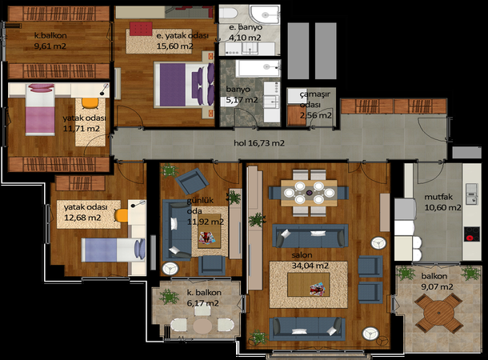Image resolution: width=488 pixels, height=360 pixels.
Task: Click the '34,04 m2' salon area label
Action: (310, 266)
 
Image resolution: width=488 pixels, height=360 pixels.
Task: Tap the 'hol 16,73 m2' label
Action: (259, 143)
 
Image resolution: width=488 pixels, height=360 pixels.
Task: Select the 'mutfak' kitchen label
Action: (438, 197)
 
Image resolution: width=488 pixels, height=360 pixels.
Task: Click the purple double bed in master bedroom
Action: (184, 85)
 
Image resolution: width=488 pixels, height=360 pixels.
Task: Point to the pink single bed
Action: (40, 110)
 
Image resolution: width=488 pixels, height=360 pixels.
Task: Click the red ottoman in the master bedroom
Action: (141, 29)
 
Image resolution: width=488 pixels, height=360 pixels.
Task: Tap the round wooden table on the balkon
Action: (438, 313)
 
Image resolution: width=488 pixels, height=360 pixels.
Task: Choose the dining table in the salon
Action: (309, 193)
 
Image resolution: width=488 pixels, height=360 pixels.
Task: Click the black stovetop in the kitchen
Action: (472, 234)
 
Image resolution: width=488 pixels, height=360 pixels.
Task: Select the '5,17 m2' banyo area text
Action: (239, 100)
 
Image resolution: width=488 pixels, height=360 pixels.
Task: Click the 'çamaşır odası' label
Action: (314, 99)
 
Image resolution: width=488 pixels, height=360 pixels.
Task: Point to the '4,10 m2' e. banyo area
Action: (245, 38)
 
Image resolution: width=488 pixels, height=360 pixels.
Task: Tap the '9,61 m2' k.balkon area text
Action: (50, 46)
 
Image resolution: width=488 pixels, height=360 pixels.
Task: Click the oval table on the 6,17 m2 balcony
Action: (202, 326)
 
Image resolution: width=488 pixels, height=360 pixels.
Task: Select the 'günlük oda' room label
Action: (200, 206)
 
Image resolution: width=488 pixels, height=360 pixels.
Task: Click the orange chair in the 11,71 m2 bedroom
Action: (90, 103)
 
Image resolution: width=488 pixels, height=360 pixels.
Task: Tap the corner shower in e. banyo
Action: (265, 14)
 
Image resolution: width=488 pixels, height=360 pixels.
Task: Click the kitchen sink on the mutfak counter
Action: (471, 194)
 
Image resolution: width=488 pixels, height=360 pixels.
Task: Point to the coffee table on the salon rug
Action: (309, 285)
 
